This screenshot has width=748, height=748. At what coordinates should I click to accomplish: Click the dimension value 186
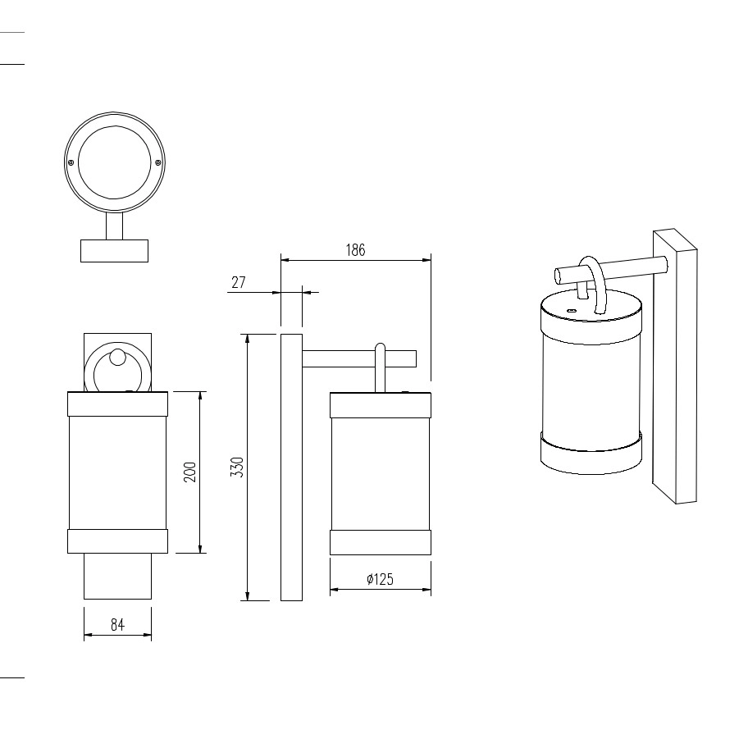coord(355,250)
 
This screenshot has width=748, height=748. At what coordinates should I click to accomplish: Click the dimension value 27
coord(239,282)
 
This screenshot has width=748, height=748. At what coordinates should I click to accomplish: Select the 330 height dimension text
coord(237,467)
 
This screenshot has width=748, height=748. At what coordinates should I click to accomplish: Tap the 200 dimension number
coord(190,472)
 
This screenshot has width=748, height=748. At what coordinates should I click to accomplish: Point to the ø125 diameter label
coord(381,579)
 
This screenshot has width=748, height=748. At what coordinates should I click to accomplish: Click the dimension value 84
coord(118,624)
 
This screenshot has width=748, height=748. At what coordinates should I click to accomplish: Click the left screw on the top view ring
coord(71,162)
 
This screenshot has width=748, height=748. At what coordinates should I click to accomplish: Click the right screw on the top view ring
coord(158,162)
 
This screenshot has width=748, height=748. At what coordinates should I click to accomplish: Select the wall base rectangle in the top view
coord(115,251)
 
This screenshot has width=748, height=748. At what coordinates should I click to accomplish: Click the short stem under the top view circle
coord(115,226)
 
